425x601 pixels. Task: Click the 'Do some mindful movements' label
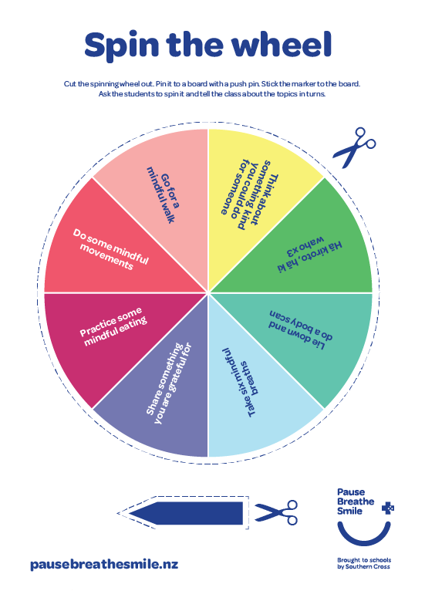(111, 249)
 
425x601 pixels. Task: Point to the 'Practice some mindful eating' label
(113, 326)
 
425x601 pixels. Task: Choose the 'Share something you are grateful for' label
(169, 383)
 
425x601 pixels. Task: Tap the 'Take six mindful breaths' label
(241, 382)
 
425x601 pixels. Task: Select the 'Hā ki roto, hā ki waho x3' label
(309, 253)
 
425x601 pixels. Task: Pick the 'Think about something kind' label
(250, 194)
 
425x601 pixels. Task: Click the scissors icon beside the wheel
(355, 147)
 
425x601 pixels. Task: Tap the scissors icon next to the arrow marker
(276, 512)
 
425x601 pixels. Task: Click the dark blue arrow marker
(186, 513)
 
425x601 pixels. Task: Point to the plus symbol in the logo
(388, 508)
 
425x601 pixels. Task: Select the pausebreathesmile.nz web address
(104, 565)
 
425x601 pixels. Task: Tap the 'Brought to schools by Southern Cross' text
(364, 563)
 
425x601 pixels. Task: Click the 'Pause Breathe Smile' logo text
(356, 501)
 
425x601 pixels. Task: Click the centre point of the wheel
(208, 293)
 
